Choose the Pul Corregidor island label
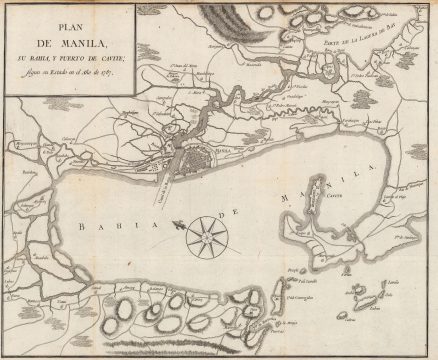point(306,297)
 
